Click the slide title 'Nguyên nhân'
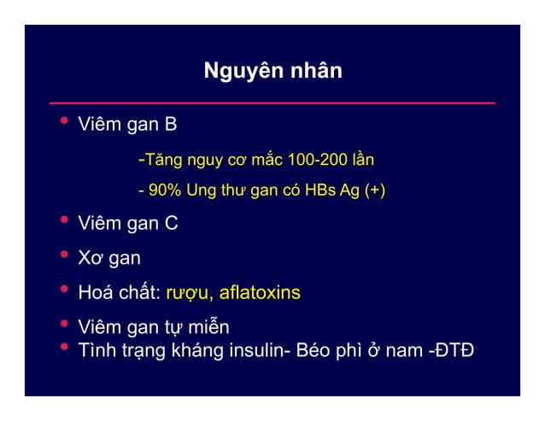tap(272, 70)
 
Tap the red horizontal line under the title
tap(272, 102)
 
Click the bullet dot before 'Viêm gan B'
tap(62, 124)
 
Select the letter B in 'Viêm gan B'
tap(171, 126)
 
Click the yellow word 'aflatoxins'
tap(260, 293)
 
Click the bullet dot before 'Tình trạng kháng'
tap(62, 348)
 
